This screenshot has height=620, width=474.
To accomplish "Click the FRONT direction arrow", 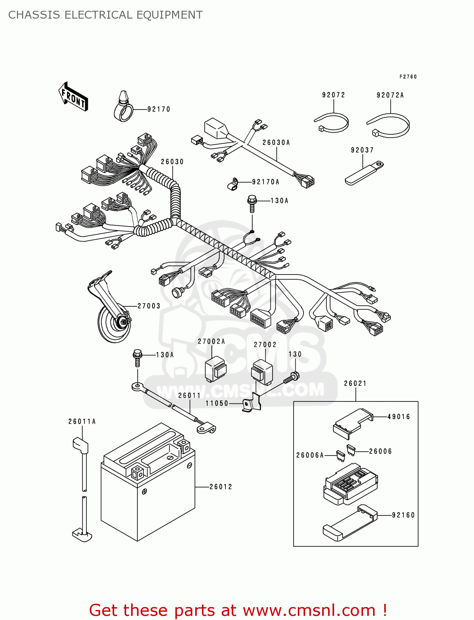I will (x=73, y=97).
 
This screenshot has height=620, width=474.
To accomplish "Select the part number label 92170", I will (x=159, y=109).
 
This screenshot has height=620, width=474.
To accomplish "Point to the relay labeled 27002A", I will (x=215, y=370).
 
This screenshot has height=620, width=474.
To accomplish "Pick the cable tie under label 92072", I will (x=332, y=123).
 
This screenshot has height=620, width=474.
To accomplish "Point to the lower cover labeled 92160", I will (x=350, y=523).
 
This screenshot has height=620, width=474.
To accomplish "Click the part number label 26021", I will (x=355, y=384).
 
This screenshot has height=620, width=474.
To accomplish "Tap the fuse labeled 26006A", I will (x=340, y=456).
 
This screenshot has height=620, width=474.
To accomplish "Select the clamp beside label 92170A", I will (x=233, y=184).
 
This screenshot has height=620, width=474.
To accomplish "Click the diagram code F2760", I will (x=408, y=77).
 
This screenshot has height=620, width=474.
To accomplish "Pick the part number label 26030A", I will (x=276, y=143).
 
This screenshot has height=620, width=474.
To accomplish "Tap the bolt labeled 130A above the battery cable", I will (x=138, y=358).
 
